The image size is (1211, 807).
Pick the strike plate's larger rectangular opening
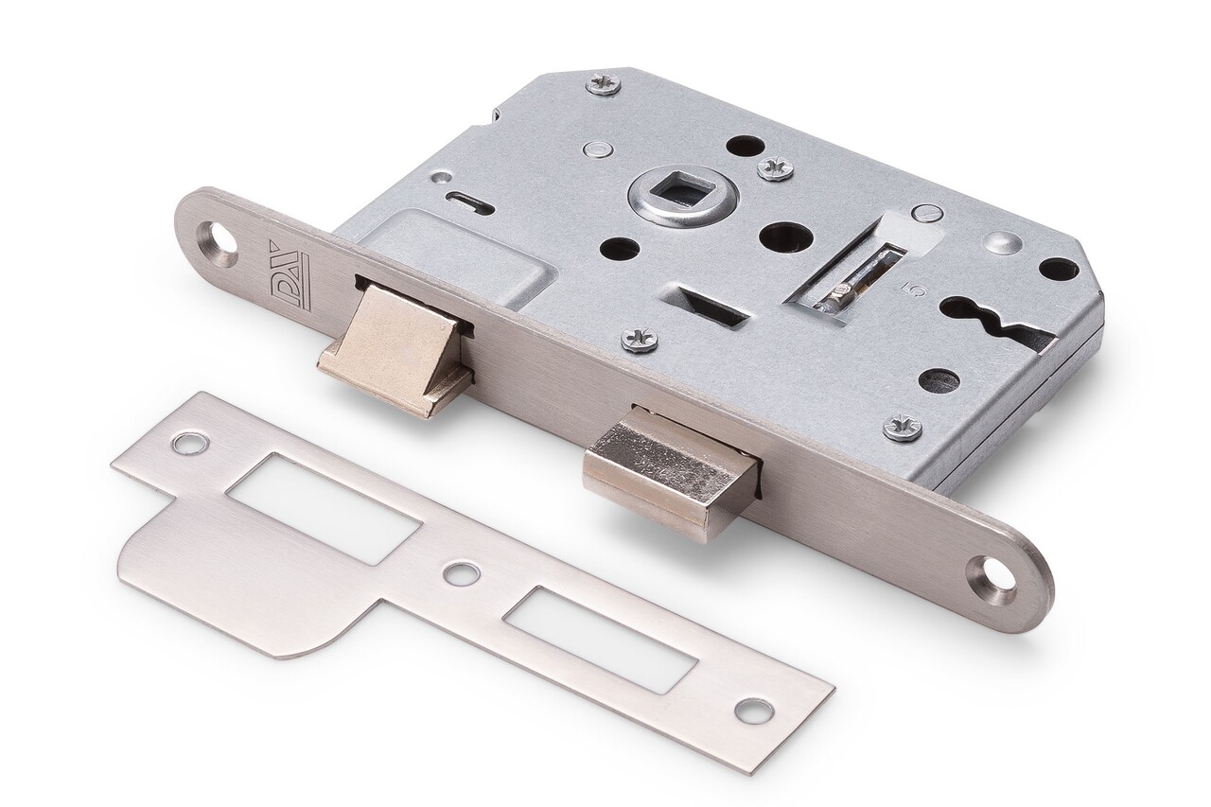pos(323,507)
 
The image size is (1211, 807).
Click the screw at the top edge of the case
pos(604,84)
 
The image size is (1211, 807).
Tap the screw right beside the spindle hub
pos(775,168)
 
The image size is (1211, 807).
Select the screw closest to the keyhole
pos(902,427)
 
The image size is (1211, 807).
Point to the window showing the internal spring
pos(856,279)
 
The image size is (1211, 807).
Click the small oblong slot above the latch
pos(469,202)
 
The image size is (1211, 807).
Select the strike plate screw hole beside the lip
pos(190,443)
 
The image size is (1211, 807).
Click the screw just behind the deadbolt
pos(640,340)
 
